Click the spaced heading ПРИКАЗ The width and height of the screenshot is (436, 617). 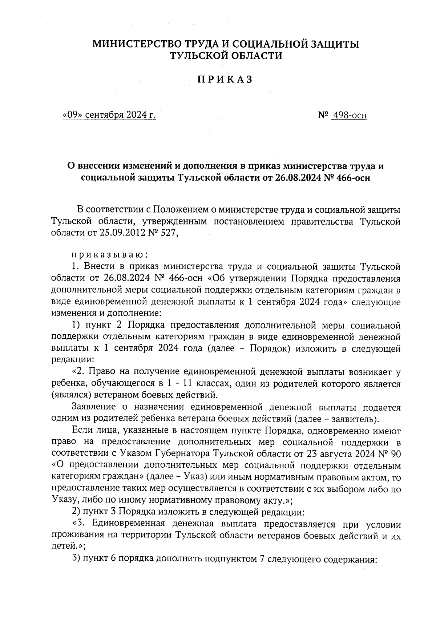pyautogui.click(x=225, y=80)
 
